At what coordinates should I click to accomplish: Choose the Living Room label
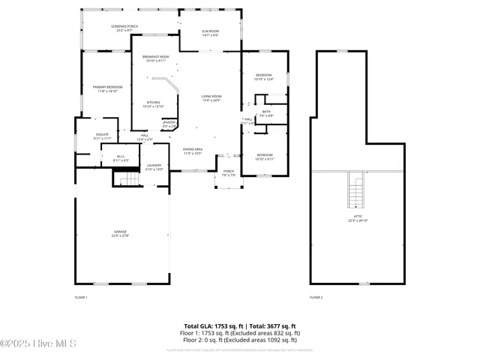point(211,97)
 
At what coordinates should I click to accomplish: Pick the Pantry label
point(169,124)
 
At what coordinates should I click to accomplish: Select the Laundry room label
point(154,166)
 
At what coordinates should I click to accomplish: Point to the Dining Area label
point(193,151)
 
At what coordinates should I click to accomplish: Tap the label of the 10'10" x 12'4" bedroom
point(264,76)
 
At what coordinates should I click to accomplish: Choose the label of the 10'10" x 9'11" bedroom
point(264,157)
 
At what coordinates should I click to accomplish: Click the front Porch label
point(229,172)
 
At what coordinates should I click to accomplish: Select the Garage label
point(121,235)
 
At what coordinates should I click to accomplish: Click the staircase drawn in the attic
point(356,190)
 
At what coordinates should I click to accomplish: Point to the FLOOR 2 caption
point(316,298)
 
